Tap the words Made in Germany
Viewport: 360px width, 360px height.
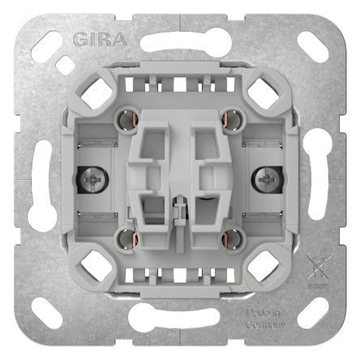click(x=301, y=315)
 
